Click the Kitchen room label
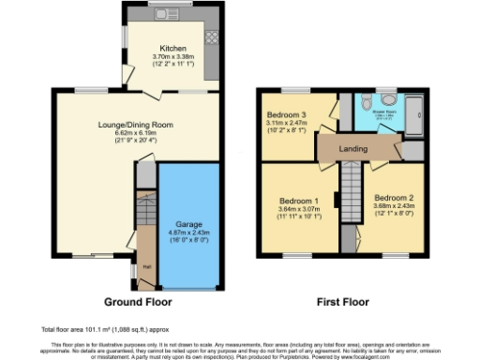pos(172,48)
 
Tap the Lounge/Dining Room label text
pos(122,125)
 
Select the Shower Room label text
pos(386,112)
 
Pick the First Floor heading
pos(342,303)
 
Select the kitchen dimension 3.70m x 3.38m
pos(172,56)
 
